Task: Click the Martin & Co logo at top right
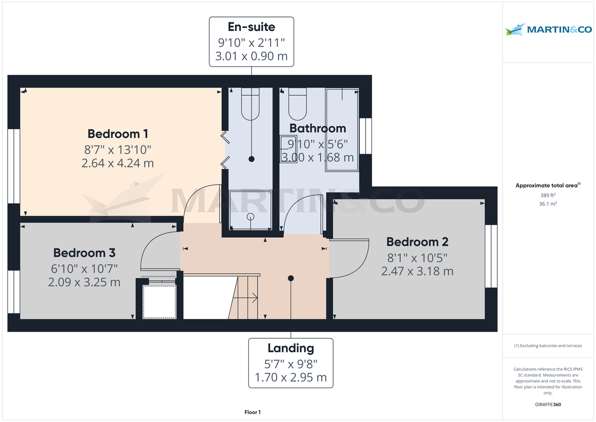548,30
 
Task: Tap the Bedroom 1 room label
118,134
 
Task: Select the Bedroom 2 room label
417,242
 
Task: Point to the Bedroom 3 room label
84,253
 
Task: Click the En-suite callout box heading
251,27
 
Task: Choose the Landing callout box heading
291,348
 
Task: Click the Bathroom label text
318,128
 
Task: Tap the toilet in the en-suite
251,103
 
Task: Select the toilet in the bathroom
298,102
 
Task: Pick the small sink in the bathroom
288,149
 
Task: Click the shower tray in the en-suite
250,210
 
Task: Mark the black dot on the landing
291,278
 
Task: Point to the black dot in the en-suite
251,159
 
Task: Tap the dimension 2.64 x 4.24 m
118,163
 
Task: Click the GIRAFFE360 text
548,405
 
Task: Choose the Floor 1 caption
252,412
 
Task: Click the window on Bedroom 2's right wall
491,256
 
